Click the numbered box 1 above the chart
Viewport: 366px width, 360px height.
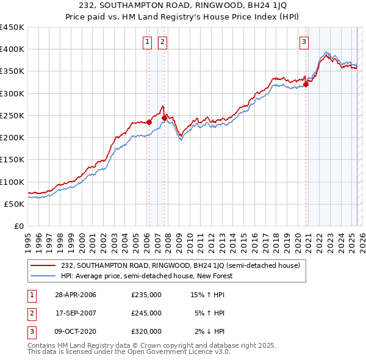[x=148, y=42]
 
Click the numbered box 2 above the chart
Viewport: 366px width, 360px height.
[x=163, y=42]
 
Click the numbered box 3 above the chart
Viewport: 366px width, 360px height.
[x=304, y=42]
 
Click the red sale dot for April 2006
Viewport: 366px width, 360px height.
[x=149, y=122]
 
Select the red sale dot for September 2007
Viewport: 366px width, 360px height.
[x=164, y=118]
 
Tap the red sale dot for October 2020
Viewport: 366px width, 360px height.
[x=306, y=85]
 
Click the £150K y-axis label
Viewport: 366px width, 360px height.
[x=12, y=160]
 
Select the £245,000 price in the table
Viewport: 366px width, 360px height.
[x=146, y=313]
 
